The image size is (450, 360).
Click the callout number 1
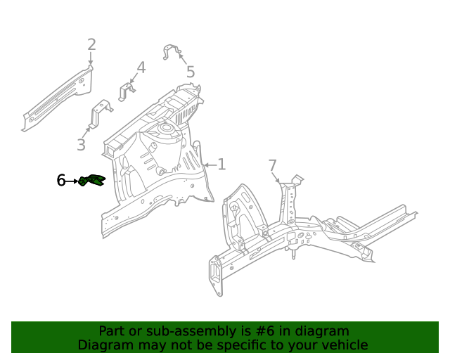tap(221, 165)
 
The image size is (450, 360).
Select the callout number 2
tap(91, 46)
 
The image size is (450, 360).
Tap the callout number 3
tap(82, 145)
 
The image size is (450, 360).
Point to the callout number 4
tap(141, 67)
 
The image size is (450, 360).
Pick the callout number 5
tap(191, 72)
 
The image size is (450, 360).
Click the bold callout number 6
tap(61, 181)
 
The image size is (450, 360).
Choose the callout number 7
tap(273, 166)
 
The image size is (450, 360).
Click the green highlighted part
tap(92, 181)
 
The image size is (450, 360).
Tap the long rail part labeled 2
tap(56, 98)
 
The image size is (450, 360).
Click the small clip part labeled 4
tap(127, 91)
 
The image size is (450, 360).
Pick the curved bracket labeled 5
tap(172, 52)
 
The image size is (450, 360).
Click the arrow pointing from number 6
tap(72, 181)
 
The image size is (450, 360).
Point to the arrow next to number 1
tap(209, 165)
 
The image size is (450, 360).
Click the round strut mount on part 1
tap(166, 129)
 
